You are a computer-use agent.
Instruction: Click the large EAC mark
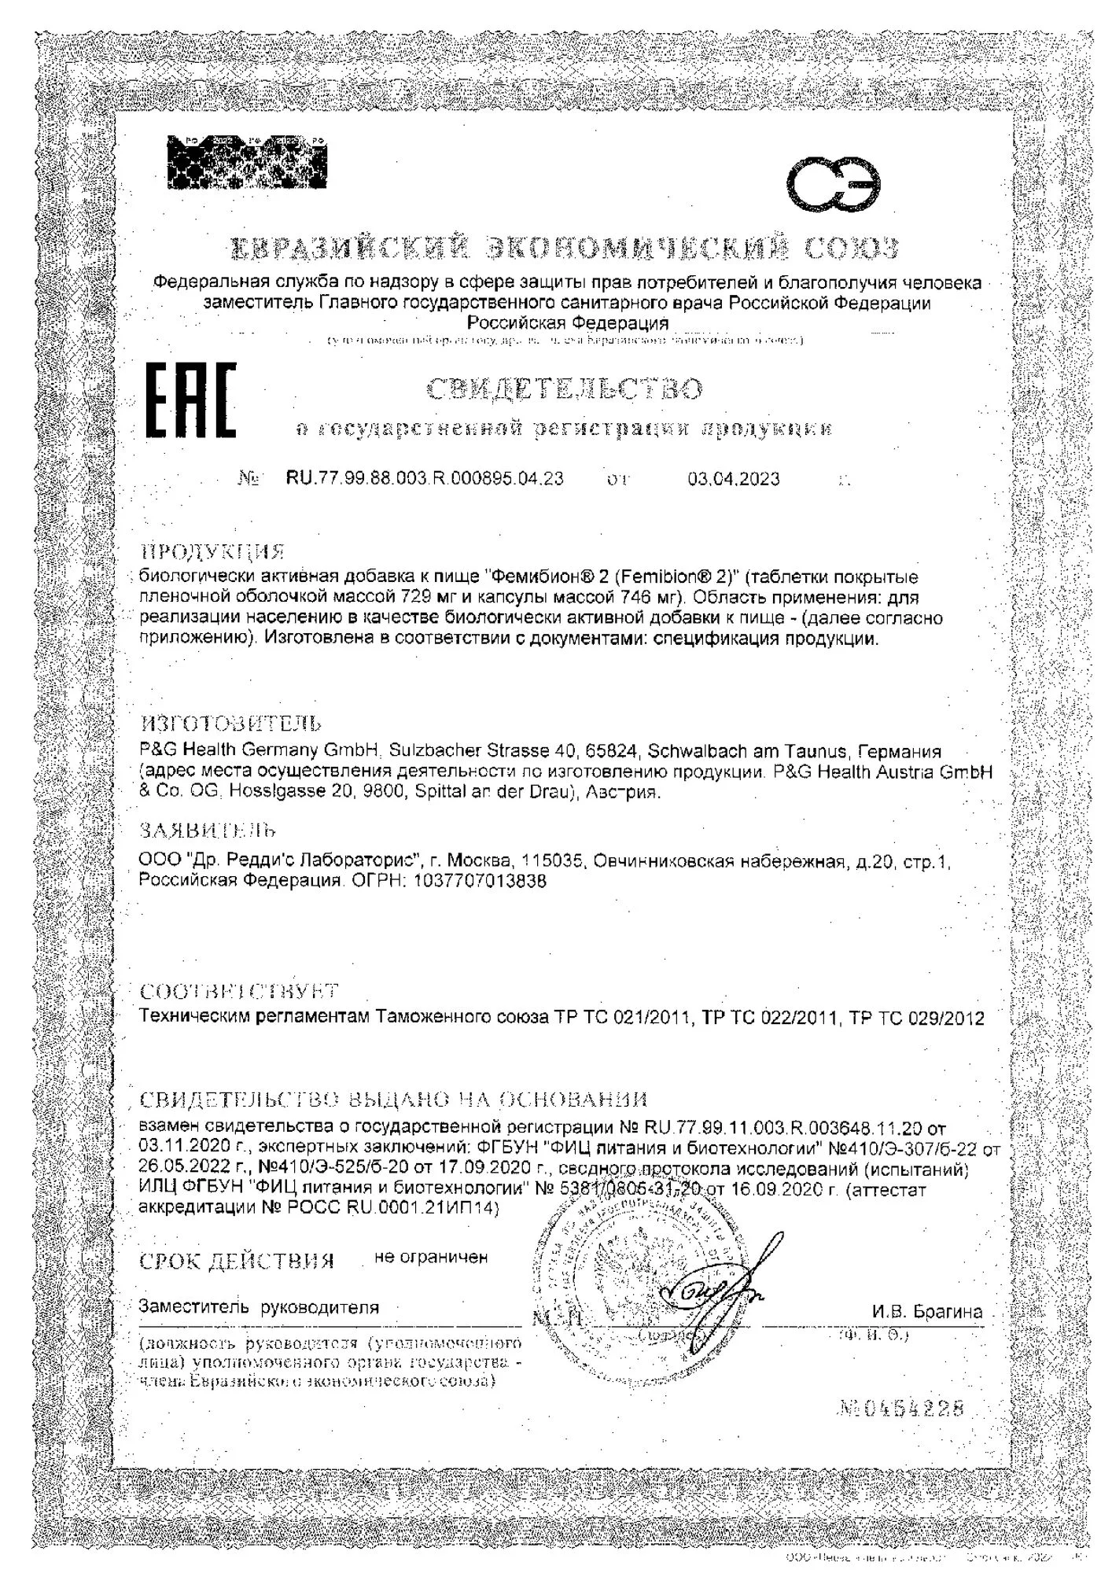point(192,400)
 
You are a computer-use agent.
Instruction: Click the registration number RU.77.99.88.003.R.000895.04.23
point(424,478)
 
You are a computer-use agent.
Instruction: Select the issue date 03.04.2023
point(734,479)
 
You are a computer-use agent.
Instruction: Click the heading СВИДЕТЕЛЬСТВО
point(564,389)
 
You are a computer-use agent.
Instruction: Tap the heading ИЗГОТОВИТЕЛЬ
point(230,723)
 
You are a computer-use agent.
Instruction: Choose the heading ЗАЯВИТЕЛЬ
point(208,831)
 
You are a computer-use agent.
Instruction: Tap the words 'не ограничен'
point(431,1257)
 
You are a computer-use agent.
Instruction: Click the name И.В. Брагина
point(926,1312)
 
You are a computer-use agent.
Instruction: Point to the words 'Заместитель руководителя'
point(259,1307)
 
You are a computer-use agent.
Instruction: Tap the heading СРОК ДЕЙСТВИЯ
point(237,1261)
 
